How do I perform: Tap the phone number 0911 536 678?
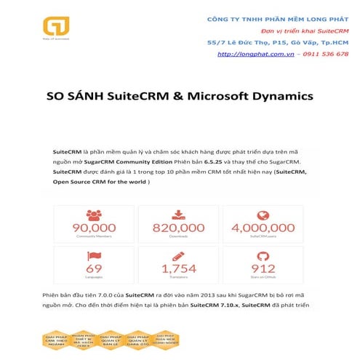tap(324, 54)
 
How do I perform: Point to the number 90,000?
tap(93, 228)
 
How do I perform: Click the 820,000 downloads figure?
tap(178, 228)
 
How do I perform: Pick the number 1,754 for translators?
tap(178, 268)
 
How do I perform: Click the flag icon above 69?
tap(93, 255)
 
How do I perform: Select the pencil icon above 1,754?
tap(178, 255)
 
